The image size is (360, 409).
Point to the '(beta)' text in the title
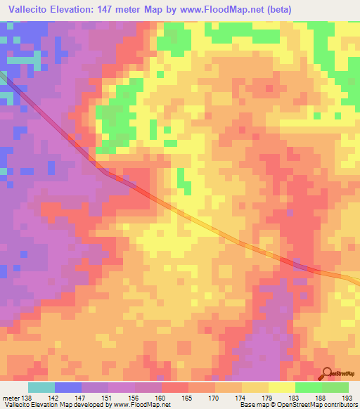tap(274, 9)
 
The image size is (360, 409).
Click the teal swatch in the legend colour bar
tap(41, 388)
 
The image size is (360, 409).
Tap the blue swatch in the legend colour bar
tap(68, 388)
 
